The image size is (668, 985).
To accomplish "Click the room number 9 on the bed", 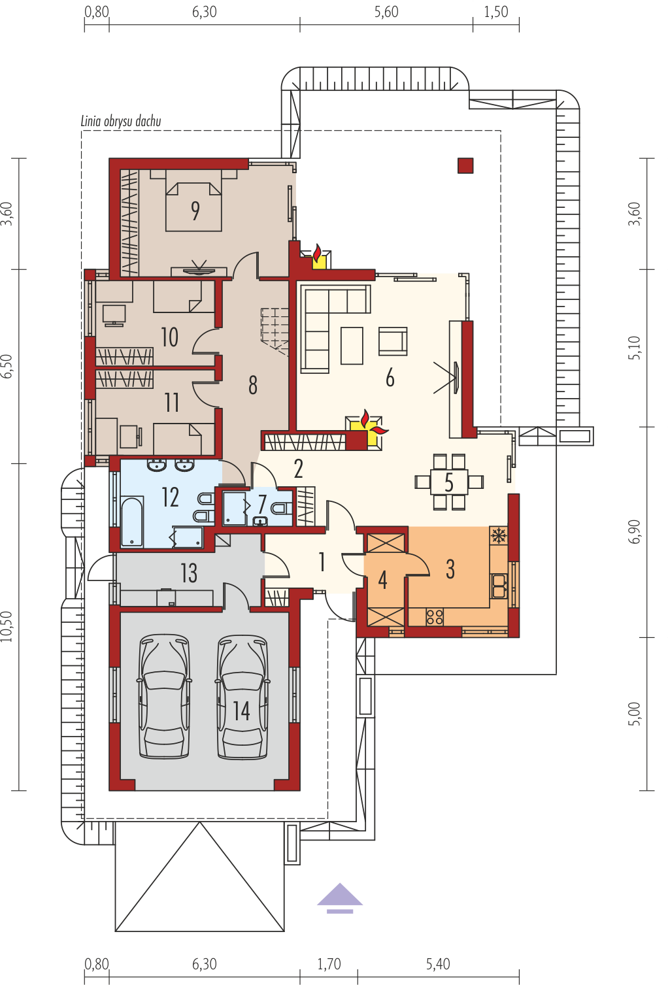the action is click(x=195, y=210).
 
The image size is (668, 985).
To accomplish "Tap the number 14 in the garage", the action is click(x=241, y=711).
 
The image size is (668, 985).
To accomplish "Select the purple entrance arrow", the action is click(x=340, y=898).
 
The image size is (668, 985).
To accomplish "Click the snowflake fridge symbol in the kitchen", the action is click(x=498, y=535).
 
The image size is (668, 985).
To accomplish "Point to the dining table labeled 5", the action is click(x=449, y=482).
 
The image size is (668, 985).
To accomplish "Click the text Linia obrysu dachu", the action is click(x=121, y=122).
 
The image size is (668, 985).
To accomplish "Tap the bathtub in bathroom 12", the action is click(x=132, y=522).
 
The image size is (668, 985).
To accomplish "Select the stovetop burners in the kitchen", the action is click(x=435, y=616).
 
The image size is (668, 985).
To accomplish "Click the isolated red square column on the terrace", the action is click(x=465, y=166).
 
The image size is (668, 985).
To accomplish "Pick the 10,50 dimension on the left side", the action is click(x=7, y=627).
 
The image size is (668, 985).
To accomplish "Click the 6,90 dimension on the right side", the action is click(x=634, y=531).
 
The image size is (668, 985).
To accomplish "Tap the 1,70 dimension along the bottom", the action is click(x=329, y=963).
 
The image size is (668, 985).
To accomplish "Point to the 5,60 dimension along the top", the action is click(x=386, y=12).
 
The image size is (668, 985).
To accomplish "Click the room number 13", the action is click(x=189, y=573).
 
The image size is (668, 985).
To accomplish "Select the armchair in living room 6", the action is click(x=393, y=341).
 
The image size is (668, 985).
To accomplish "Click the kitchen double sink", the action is click(x=499, y=586).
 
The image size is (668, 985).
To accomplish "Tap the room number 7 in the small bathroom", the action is click(x=262, y=504).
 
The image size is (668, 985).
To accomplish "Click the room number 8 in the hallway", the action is click(x=253, y=385).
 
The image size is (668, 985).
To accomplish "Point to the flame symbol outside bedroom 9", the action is click(x=316, y=254).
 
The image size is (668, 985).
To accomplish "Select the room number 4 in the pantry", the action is click(x=382, y=580).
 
